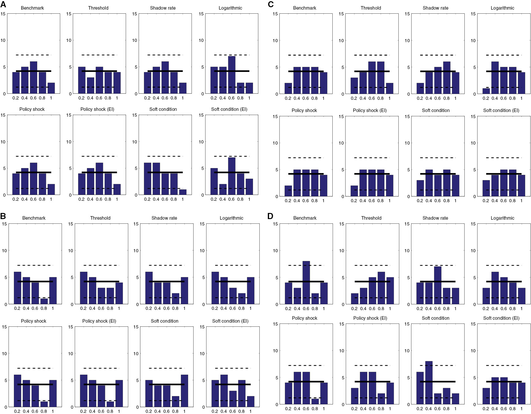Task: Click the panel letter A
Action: pos(3,4)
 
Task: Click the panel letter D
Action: pos(270,216)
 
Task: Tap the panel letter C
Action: pos(271,4)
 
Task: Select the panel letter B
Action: pos(3,216)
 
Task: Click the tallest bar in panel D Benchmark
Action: pos(306,282)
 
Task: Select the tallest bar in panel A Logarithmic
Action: pos(231,75)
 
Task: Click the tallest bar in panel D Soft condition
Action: pos(429,382)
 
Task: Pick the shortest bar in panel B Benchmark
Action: pos(44,301)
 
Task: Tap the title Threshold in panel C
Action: pos(371,8)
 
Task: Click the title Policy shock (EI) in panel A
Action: pos(97,109)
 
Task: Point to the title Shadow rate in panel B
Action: pos(164,218)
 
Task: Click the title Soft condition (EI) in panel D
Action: pos(501,318)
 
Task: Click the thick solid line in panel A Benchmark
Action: pos(33,71)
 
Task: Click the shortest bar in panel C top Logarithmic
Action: pos(486,91)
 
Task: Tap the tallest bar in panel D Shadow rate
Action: pos(438,285)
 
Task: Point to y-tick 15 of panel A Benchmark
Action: pos(3,14)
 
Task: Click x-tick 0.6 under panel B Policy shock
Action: pos(35,411)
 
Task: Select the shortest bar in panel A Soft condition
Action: pos(183,192)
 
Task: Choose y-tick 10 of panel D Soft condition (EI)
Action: pos(473,351)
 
